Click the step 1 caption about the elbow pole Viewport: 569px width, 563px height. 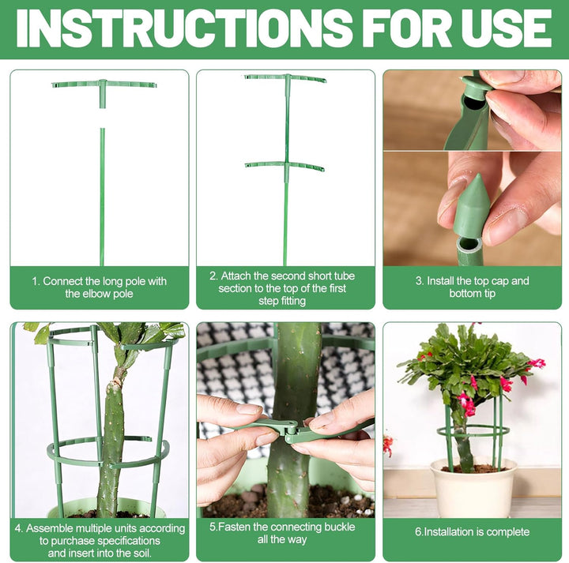click(x=99, y=287)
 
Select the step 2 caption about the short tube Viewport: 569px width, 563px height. click(x=282, y=288)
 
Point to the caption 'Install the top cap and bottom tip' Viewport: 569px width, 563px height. click(x=472, y=287)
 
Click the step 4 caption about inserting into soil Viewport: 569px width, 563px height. click(x=100, y=541)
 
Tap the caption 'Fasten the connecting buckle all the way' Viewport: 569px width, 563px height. click(x=282, y=533)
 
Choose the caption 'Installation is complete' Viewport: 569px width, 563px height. click(x=472, y=532)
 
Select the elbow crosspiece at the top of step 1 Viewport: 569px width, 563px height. click(x=104, y=84)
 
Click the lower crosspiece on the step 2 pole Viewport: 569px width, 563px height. click(x=285, y=167)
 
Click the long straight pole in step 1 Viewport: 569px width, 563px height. click(x=102, y=197)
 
